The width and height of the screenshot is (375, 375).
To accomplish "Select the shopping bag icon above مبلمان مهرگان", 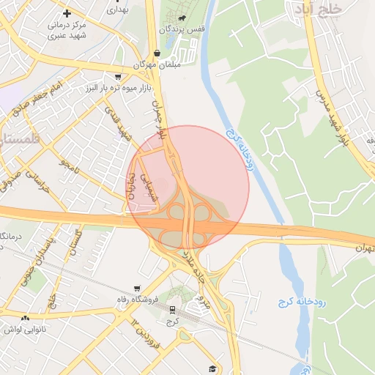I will tap(157, 53).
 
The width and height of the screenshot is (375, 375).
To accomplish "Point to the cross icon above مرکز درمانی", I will tap(67, 13).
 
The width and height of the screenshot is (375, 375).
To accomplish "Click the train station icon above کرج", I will tap(172, 310).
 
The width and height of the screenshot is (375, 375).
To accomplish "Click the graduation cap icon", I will tap(213, 368).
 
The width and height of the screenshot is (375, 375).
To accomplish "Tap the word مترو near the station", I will tap(205, 300).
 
